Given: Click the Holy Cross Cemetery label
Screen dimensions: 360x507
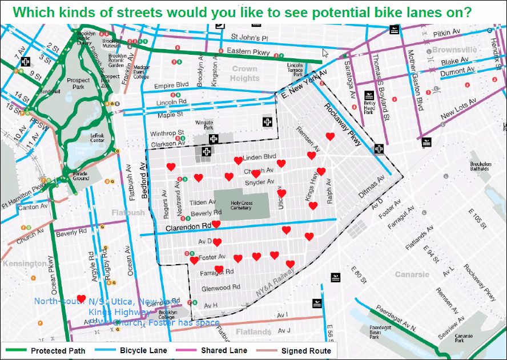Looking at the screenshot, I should [x=242, y=205].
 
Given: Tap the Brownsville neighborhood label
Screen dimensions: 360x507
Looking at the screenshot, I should [x=454, y=50].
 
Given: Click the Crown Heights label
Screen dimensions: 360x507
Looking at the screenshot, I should [x=245, y=74].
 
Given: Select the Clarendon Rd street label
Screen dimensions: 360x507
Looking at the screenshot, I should [x=188, y=228].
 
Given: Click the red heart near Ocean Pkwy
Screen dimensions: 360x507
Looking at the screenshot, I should [x=81, y=299].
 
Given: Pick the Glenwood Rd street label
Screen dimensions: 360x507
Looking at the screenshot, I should [x=220, y=288].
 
